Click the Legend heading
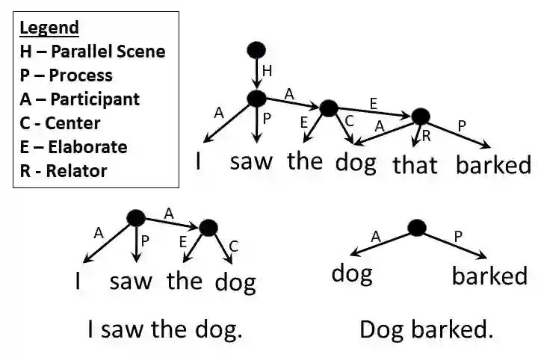(49, 28)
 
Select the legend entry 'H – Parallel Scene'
(92, 52)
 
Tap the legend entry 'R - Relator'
(63, 170)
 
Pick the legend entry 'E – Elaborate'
(73, 146)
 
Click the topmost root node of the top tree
(256, 50)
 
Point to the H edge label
(268, 72)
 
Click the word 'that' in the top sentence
(415, 164)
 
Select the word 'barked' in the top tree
(494, 164)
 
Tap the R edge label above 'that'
(427, 135)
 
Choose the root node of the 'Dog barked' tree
(417, 228)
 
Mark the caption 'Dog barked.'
(426, 329)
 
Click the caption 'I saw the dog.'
(165, 329)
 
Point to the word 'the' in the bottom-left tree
(185, 281)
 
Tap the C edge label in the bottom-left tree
(233, 245)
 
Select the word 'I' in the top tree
(200, 161)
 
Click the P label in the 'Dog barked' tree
(457, 237)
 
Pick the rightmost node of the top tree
(421, 117)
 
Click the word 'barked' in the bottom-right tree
(489, 276)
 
